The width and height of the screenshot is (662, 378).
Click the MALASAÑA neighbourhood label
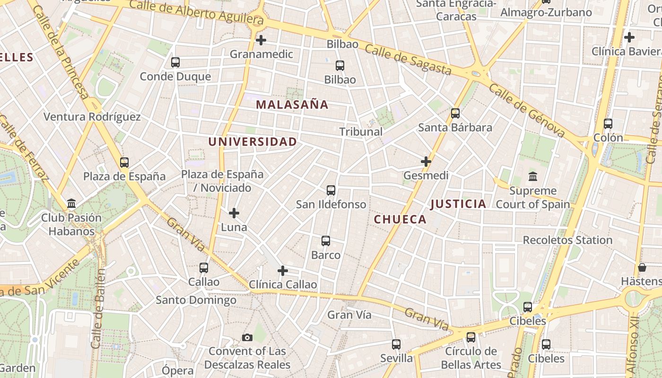292,105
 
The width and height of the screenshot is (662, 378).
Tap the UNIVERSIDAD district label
253,142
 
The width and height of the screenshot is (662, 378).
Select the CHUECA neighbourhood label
400,219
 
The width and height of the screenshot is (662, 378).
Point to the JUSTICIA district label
458,204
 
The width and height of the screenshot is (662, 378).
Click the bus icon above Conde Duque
175,62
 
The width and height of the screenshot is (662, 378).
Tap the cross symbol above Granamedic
261,40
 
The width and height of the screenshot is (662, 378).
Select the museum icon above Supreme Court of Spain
533,176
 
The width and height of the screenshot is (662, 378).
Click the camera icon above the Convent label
247,337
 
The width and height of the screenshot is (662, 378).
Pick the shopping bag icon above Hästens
642,267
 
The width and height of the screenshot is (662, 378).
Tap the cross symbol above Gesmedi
426,162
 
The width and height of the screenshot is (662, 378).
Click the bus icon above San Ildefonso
331,190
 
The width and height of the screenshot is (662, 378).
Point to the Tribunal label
361,132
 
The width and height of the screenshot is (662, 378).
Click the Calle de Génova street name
527,111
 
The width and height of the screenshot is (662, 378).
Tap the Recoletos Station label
567,240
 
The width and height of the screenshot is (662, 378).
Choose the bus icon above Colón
608,124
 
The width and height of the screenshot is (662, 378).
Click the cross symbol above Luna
234,214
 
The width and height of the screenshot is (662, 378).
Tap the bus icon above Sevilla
396,344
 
